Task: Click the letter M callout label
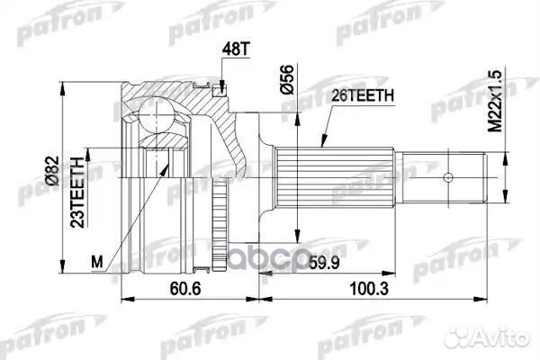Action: [x=99, y=261]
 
